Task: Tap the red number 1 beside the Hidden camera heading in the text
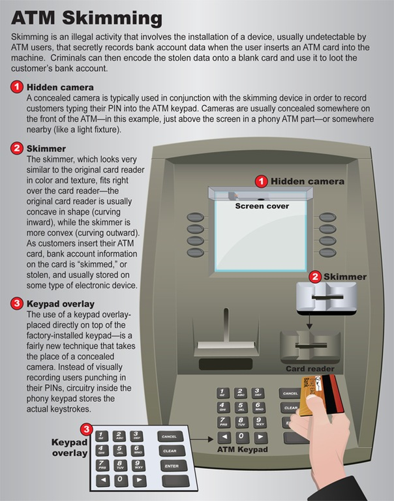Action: pyautogui.click(x=17, y=87)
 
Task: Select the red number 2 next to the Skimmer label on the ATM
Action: pyautogui.click(x=315, y=277)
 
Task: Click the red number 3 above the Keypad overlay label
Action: pyautogui.click(x=86, y=429)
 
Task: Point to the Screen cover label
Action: pyautogui.click(x=262, y=206)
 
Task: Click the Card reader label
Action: pyautogui.click(x=310, y=369)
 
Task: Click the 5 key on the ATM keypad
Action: pyautogui.click(x=241, y=406)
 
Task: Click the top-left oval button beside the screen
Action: pyautogui.click(x=195, y=217)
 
